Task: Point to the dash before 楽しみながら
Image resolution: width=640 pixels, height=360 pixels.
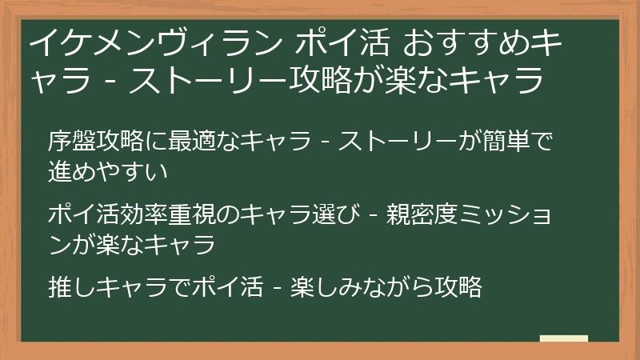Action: tap(273, 287)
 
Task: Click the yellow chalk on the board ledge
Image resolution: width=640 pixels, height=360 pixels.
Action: tap(564, 338)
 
